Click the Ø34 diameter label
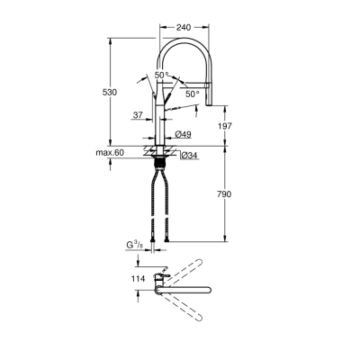click(x=189, y=156)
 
